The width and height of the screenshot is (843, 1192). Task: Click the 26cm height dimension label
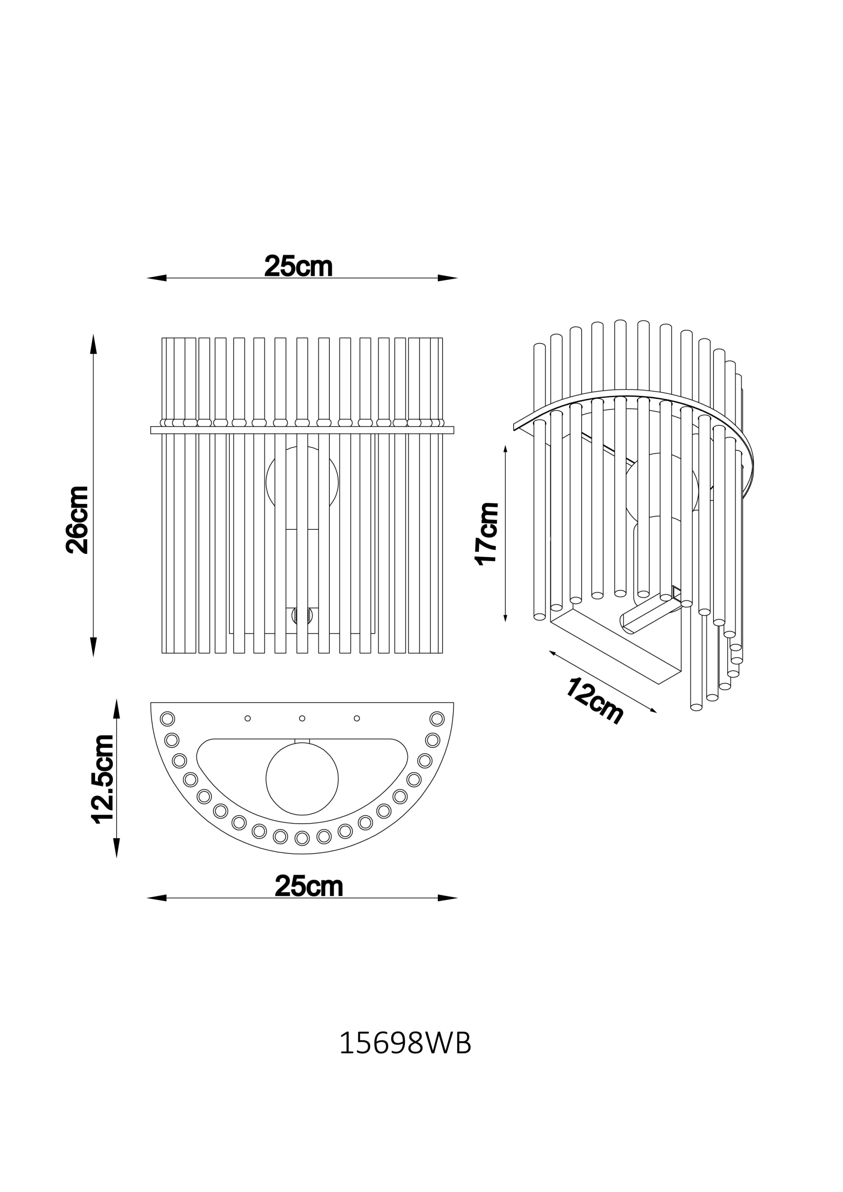78,520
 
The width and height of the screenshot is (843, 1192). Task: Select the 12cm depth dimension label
594,701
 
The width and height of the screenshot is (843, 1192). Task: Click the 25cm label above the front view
298,266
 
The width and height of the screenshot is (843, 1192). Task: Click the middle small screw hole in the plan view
303,718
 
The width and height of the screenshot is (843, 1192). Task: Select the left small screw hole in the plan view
248,718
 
